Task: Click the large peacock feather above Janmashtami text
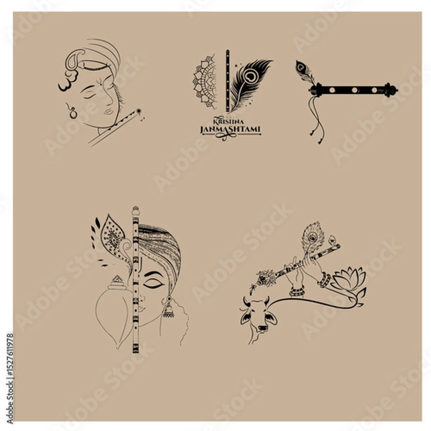pyautogui.click(x=249, y=85)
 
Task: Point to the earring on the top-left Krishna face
pyautogui.click(x=72, y=110)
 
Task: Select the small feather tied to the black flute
pyautogui.click(x=302, y=70)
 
